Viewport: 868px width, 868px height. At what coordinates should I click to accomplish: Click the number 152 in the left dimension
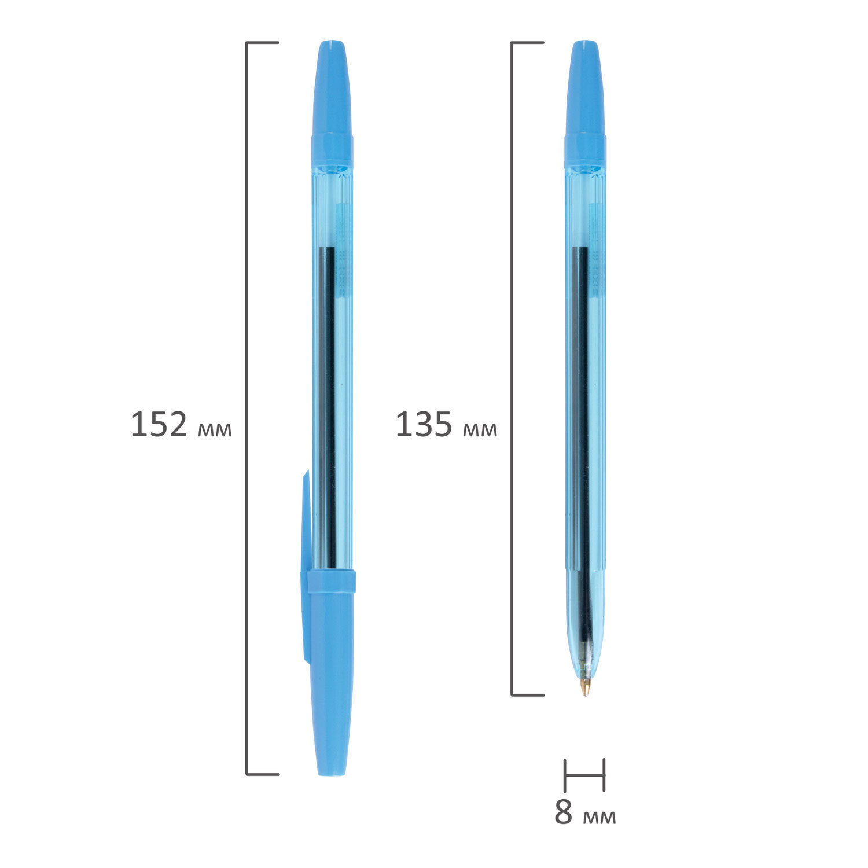point(159,425)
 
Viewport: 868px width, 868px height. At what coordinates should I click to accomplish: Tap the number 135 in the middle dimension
point(424,425)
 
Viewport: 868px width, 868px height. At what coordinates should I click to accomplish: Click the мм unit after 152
point(215,429)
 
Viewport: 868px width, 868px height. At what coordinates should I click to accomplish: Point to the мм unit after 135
point(480,429)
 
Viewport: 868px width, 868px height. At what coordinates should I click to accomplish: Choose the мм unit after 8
point(599,816)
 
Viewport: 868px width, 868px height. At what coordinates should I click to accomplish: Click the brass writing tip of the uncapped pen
point(586,687)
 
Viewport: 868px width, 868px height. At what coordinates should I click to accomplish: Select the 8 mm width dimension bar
point(584,774)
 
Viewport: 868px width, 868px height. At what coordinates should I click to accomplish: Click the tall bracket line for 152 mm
point(247,408)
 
